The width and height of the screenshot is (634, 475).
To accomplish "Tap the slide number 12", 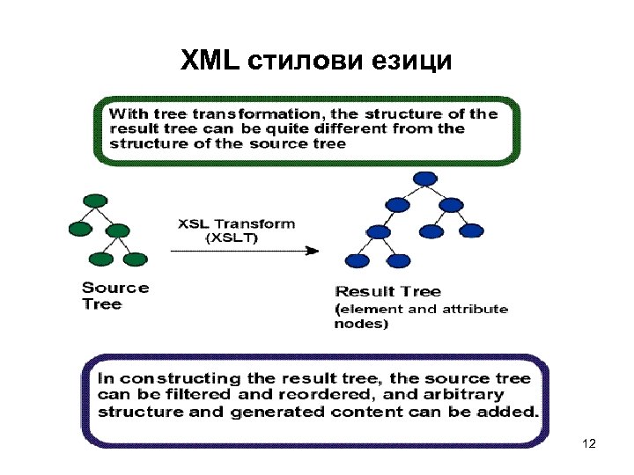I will (589, 444).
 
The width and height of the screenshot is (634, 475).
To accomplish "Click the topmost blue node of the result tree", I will (425, 179).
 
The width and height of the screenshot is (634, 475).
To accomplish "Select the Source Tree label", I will (114, 296).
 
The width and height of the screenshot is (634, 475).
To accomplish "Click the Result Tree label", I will (387, 291).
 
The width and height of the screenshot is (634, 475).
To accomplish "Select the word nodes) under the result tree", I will (361, 324).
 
